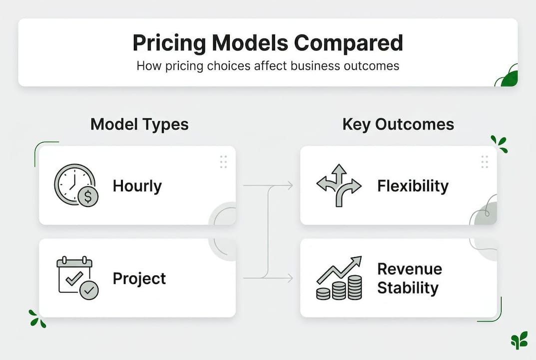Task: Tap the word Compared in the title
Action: click(348, 43)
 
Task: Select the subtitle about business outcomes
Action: click(268, 65)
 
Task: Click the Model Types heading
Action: click(139, 124)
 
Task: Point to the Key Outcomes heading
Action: click(398, 124)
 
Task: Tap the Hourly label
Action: click(137, 186)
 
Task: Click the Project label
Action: click(139, 278)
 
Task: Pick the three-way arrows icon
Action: click(339, 185)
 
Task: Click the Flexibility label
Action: click(413, 186)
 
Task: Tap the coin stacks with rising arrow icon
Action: click(339, 278)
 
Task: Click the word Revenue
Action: click(410, 269)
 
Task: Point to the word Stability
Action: click(408, 288)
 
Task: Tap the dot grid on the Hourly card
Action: click(223, 161)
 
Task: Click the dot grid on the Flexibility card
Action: click(485, 161)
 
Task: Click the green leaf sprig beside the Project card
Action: click(37, 318)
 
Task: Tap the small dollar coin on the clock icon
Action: click(88, 197)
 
